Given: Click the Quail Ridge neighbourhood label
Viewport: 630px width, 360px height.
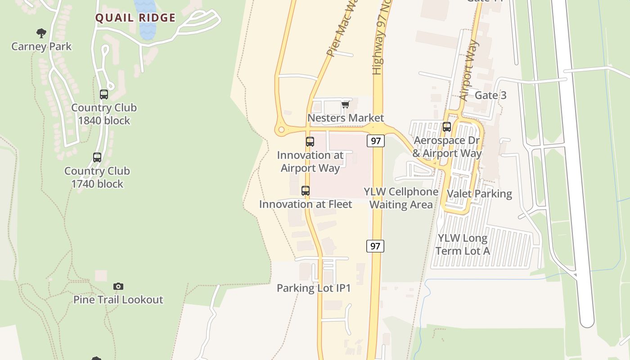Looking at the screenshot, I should tap(135, 18).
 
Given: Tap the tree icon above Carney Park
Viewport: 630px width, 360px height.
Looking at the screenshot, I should tap(41, 33).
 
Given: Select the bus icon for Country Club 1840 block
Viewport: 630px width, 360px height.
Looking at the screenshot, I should tap(104, 94).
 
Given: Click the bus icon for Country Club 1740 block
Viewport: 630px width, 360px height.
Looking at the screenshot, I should tap(97, 157).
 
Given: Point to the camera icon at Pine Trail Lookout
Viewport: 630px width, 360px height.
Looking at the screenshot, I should tap(118, 286).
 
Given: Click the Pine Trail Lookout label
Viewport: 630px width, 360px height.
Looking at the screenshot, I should tap(118, 300).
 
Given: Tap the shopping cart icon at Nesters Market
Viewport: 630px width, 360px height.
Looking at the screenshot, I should tap(345, 105).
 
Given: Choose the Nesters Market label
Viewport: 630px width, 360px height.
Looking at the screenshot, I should tap(346, 118).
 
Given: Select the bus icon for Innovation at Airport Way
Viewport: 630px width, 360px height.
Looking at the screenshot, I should tap(310, 142).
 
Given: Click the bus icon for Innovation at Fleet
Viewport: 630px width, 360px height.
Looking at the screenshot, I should tap(306, 191).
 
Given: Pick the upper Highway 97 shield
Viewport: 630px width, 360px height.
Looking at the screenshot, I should tap(376, 141).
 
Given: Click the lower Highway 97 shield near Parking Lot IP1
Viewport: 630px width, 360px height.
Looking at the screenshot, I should tap(375, 246).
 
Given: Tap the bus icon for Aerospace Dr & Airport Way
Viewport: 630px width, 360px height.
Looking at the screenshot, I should tap(447, 127).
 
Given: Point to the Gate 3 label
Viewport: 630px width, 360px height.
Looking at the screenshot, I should tap(490, 95).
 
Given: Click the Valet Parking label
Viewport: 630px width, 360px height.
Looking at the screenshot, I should tap(479, 194).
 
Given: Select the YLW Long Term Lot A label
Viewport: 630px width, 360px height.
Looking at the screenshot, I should tap(463, 244).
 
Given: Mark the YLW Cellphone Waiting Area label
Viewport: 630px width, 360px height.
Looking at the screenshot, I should tap(401, 198).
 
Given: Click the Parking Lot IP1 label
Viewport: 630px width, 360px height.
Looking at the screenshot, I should tap(314, 288).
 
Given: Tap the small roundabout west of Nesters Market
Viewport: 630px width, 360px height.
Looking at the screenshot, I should tap(282, 130).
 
